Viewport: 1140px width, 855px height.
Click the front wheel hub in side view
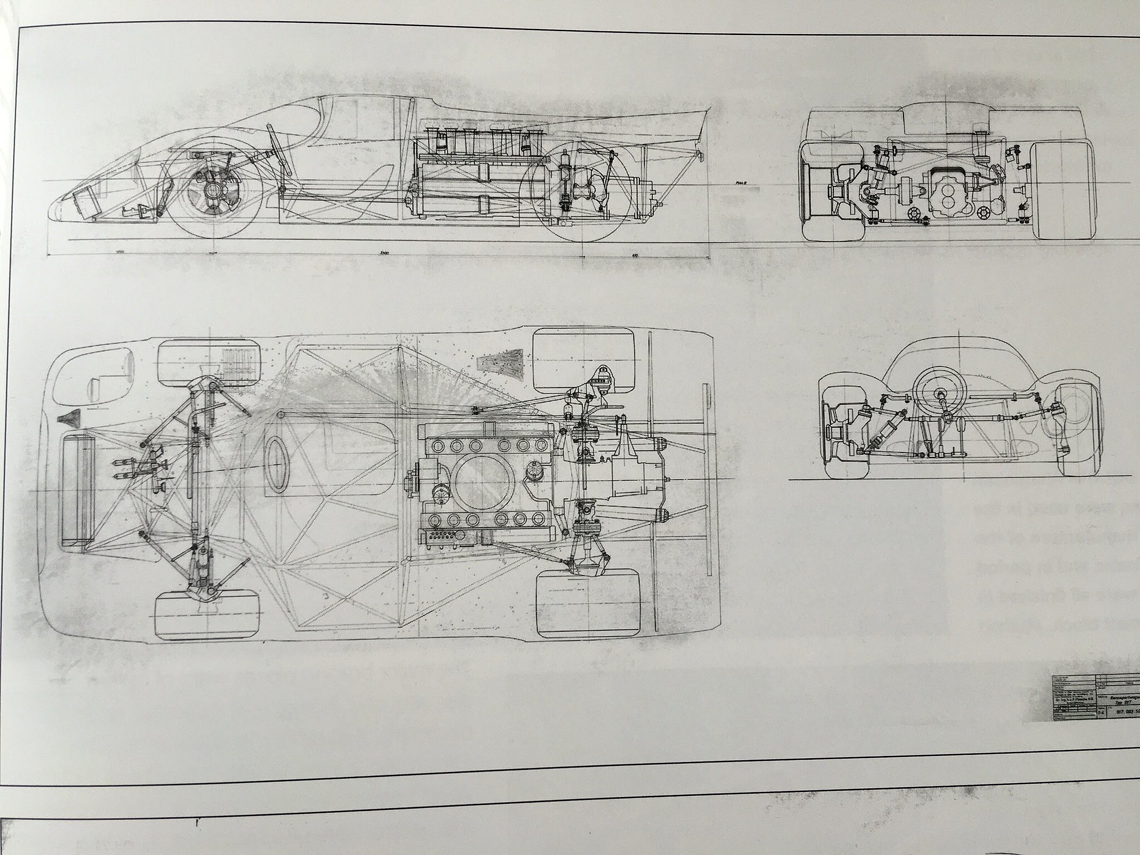(213, 189)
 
